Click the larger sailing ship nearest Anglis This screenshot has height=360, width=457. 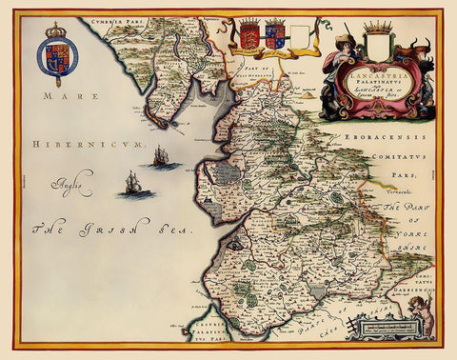135,183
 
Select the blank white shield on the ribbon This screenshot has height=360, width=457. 299,38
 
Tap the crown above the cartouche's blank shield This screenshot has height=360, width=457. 378,26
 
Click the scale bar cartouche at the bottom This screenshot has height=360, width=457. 381,326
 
